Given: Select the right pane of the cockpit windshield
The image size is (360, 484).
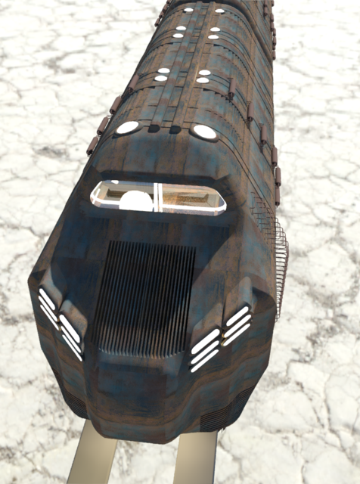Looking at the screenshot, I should pyautogui.click(x=189, y=199).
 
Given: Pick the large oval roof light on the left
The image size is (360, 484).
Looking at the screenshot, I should pyautogui.click(x=127, y=128).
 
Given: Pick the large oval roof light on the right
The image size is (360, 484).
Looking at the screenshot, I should pyautogui.click(x=204, y=132).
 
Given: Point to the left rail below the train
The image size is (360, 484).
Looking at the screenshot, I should pyautogui.click(x=92, y=458).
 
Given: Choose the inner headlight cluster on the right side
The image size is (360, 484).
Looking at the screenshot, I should pyautogui.click(x=205, y=349).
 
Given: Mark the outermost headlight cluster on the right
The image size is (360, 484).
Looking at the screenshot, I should pyautogui.click(x=237, y=324).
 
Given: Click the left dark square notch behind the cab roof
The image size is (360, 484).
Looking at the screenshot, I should pyautogui.click(x=154, y=129).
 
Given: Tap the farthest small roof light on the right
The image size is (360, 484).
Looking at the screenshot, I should pyautogui.click(x=219, y=11).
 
